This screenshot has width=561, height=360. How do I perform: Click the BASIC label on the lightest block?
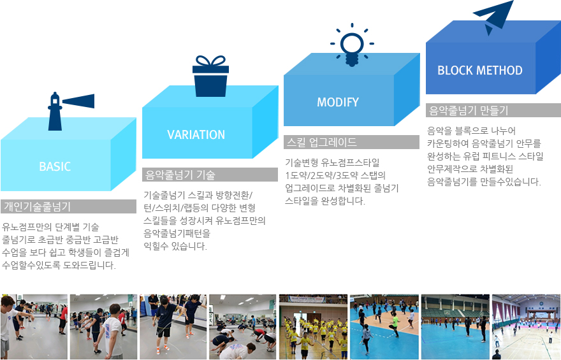(55, 166)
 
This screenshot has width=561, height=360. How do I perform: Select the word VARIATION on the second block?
(196, 135)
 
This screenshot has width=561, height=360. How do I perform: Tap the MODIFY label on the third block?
(338, 102)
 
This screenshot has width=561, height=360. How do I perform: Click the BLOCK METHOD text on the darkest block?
(480, 70)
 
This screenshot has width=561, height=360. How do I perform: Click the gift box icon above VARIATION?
(210, 76)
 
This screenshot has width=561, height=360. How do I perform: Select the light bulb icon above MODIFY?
(352, 45)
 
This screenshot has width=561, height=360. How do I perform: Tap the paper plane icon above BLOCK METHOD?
(493, 17)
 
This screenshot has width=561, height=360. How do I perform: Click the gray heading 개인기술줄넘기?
(37, 206)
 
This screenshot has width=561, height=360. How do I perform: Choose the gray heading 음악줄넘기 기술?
(180, 175)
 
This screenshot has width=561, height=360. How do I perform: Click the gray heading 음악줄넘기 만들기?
(469, 110)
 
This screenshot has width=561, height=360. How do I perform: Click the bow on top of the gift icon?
(211, 61)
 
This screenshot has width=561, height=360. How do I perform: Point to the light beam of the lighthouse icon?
(78, 101)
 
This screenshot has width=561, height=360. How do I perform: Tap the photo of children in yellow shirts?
(313, 327)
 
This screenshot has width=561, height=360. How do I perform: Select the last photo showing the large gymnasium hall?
(527, 327)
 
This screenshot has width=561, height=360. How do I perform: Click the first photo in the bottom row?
(34, 327)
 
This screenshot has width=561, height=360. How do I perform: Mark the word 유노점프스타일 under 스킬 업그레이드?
(350, 162)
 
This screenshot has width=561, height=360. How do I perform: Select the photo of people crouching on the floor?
(243, 327)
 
